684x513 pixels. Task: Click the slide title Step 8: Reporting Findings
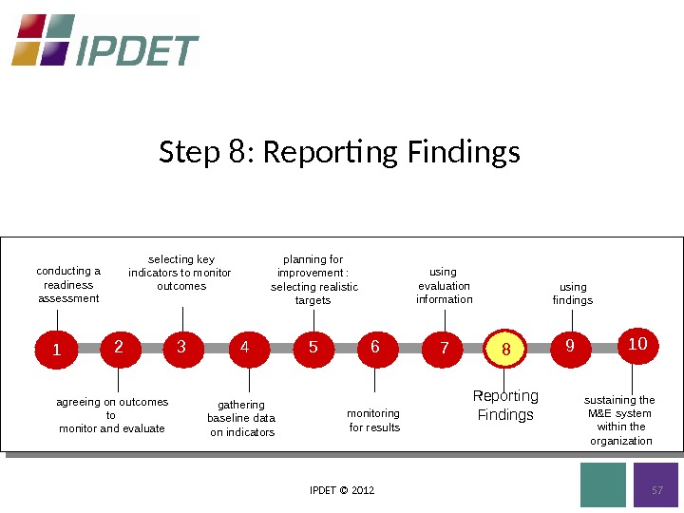(340, 152)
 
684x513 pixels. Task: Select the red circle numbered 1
(56, 350)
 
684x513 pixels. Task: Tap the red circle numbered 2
(119, 348)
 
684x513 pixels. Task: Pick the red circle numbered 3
(182, 348)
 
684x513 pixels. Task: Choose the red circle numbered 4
(246, 348)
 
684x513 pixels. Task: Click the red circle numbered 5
(313, 348)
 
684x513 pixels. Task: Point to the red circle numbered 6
(376, 348)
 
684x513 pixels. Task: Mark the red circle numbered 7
(444, 349)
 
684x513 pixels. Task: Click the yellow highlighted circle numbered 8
(505, 350)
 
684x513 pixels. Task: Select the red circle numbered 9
(570, 348)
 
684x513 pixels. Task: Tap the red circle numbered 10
(638, 344)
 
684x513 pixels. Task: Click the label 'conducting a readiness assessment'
(68, 285)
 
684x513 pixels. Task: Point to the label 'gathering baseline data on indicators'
(241, 418)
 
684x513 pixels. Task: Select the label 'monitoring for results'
(374, 420)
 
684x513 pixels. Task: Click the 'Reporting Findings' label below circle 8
(505, 406)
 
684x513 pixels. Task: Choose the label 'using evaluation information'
(444, 286)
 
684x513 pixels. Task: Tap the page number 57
(655, 490)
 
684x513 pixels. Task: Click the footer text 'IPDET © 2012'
(342, 490)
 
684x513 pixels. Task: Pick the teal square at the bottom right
(603, 484)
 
